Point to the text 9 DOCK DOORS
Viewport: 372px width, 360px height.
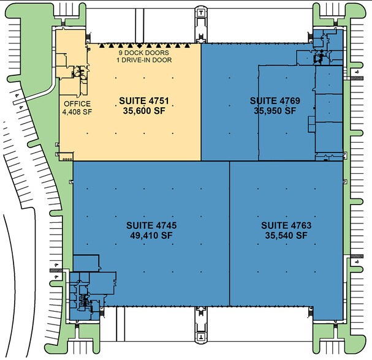145,52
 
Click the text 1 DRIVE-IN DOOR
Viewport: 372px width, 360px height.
145,60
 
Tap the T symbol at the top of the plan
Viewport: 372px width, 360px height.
200,11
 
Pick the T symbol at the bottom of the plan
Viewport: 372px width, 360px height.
200,337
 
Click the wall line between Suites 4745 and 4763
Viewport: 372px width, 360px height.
229,233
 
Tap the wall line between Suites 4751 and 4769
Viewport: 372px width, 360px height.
201,101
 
